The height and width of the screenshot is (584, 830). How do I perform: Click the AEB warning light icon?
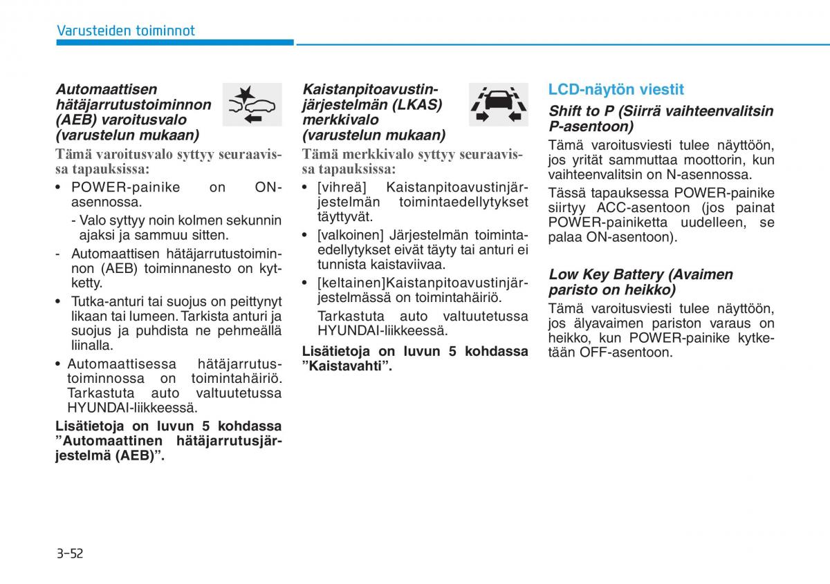pos(252,104)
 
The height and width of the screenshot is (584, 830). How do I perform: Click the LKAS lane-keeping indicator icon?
pos(498,104)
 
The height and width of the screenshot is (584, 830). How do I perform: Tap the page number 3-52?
pos(69,553)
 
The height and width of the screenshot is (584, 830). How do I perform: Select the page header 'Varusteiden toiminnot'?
pos(125,30)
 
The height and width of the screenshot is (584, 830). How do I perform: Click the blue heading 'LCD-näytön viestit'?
pos(616,89)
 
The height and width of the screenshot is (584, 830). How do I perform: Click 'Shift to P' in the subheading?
pos(581,111)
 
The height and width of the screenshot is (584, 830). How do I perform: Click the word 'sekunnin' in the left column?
pos(255,220)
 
